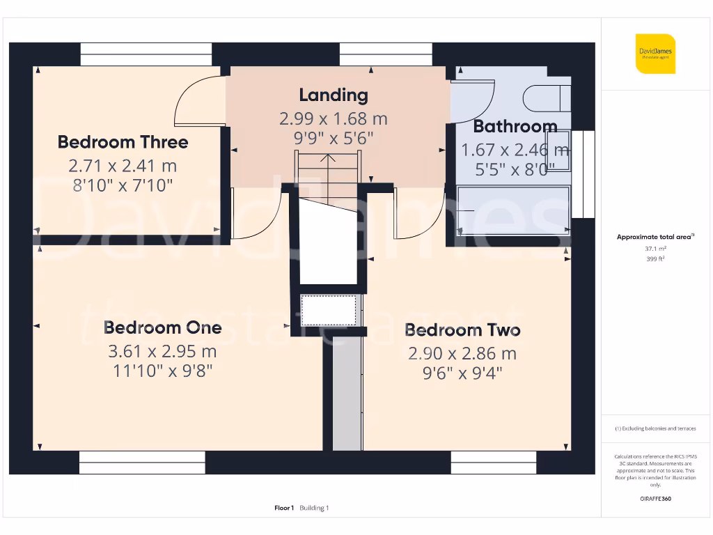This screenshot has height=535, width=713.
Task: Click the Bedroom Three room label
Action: coord(123,142)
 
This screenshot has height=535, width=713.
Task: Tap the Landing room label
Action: coord(334,95)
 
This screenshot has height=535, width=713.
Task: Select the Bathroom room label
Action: coord(515,126)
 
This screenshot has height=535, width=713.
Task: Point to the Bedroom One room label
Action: coord(162,327)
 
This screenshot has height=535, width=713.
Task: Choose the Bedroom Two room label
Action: coord(462,329)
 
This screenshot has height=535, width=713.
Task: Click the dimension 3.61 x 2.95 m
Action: coord(162,350)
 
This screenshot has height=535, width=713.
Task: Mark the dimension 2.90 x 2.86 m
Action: coord(462,353)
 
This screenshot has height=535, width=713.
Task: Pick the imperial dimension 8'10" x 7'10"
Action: coord(123,185)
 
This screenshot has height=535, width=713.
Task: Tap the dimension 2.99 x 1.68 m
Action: coord(334,118)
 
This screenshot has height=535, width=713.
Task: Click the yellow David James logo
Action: coord(655,54)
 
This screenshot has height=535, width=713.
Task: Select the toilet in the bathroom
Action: coord(547,98)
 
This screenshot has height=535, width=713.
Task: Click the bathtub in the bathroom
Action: coord(514,210)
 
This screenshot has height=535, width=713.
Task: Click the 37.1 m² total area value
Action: coord(655,248)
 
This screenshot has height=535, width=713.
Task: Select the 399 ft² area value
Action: coord(655,258)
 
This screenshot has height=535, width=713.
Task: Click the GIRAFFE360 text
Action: coord(655,499)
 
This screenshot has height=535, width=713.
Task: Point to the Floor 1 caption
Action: coord(284,508)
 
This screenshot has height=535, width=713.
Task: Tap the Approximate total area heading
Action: coord(654,237)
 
